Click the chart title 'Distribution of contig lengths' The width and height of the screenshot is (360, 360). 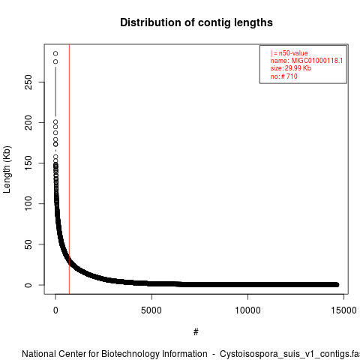coord(196,22)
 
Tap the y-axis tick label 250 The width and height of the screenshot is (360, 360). coord(28,82)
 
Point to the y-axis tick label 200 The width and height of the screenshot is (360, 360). coord(28,122)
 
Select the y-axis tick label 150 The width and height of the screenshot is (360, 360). coord(28,163)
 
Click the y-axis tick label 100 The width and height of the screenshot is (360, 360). coord(28,203)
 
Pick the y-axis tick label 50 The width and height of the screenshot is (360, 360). coord(28,244)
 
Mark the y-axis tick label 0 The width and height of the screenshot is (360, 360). coord(28,285)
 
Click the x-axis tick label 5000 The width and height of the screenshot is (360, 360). coord(151,310)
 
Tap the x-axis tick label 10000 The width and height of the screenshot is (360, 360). coord(247,310)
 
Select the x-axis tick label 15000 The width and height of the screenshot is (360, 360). coord(343,310)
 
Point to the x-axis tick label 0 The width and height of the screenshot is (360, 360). coord(55,310)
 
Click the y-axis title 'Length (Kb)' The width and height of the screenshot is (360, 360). coord(7,169)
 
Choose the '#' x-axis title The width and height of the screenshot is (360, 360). coord(196,332)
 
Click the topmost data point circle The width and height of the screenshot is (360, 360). coord(55,53)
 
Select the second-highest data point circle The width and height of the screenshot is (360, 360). coord(55,61)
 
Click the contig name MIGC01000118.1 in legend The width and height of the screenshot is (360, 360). coord(317,61)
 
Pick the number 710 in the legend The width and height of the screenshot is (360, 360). coord(292,76)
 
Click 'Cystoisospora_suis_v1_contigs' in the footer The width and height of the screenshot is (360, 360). coord(283,354)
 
